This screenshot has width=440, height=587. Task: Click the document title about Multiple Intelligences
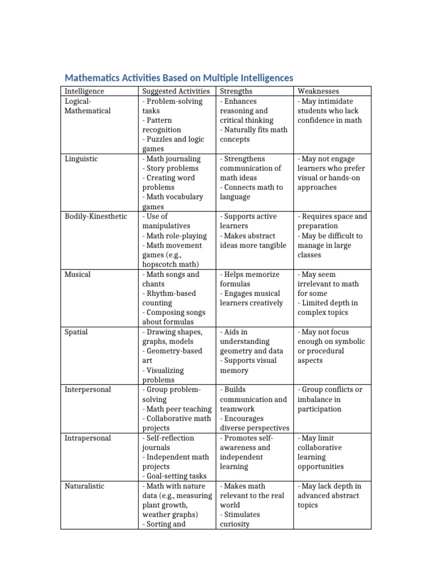coord(178,77)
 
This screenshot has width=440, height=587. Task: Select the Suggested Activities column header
coord(178,91)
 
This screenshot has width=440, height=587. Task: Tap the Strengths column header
coord(236,91)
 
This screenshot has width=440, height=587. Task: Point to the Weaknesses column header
coord(318,91)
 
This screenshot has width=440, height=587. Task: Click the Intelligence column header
coord(84,91)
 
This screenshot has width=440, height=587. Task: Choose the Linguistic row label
coord(81,159)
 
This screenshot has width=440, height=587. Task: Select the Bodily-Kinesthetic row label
coord(96,217)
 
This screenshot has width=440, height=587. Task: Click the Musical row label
coord(78,275)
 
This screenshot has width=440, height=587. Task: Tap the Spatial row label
coord(76,332)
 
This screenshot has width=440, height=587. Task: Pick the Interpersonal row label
coord(88,390)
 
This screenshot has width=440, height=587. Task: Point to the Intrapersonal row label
coord(88,438)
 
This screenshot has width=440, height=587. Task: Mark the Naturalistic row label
coord(84,486)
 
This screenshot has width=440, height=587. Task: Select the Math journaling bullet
coord(172,159)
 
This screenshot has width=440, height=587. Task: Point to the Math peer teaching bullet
coord(177,409)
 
